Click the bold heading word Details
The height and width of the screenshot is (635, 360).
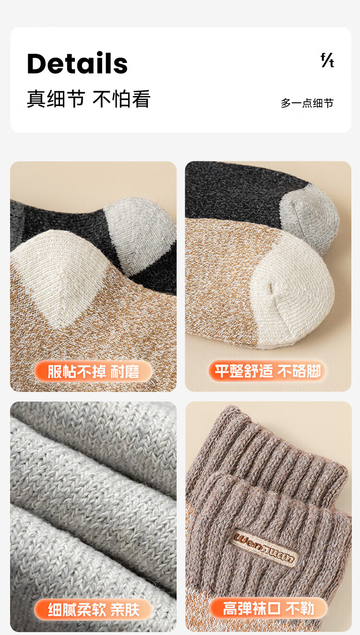(x=77, y=63)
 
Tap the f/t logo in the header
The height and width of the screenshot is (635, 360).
(x=327, y=60)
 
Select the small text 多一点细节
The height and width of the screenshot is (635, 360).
(x=307, y=103)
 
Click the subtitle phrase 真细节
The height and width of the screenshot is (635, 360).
(x=56, y=99)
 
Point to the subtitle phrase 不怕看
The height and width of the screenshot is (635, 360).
(x=121, y=99)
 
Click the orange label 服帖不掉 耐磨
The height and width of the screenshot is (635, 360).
(x=93, y=371)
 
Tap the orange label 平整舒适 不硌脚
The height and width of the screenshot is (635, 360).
(x=268, y=371)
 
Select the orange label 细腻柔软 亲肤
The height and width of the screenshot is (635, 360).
(x=93, y=610)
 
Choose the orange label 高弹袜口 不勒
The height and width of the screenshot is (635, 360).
(x=268, y=609)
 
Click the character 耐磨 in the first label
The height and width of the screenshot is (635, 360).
(x=125, y=372)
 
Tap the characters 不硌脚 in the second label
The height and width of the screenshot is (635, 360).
(x=299, y=371)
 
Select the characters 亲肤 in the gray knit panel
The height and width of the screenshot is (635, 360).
(x=125, y=610)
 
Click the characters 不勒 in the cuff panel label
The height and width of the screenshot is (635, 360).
(x=300, y=609)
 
